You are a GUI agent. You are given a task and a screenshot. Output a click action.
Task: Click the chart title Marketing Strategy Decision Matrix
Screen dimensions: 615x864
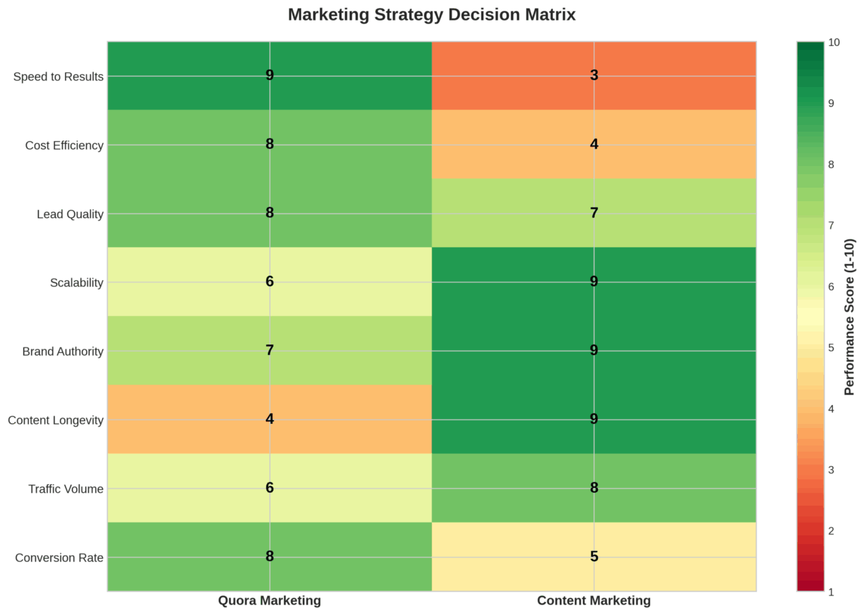point(432,15)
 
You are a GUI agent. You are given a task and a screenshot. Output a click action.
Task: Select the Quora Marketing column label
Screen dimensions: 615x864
point(269,600)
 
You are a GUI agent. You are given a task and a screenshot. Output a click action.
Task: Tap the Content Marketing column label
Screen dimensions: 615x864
point(594,600)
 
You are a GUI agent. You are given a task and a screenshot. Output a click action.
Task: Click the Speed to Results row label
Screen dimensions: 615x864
point(59,76)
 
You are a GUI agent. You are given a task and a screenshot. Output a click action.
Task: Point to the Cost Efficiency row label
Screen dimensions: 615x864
point(64,145)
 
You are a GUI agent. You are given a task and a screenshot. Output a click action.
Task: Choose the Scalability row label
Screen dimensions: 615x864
point(76,283)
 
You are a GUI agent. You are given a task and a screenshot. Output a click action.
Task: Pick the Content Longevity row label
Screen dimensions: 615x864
point(56,421)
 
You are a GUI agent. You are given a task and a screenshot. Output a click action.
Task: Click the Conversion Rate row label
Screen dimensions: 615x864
point(59,558)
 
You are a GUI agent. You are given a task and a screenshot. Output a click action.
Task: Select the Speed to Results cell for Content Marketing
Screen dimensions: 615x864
point(594,76)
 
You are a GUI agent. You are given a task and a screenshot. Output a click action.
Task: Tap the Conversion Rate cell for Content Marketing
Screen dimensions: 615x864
point(594,557)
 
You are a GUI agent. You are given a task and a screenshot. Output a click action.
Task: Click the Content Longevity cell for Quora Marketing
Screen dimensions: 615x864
point(269,419)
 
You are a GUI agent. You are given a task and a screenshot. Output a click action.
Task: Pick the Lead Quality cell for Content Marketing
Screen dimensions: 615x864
point(594,213)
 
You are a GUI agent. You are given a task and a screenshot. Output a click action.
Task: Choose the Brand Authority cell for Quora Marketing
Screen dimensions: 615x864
point(269,350)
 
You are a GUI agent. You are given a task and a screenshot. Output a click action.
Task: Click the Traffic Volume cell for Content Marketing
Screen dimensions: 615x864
point(594,488)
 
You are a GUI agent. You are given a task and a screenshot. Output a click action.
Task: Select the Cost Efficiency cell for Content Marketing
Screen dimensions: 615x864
point(594,144)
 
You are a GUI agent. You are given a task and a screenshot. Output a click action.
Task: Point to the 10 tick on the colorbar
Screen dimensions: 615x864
point(834,43)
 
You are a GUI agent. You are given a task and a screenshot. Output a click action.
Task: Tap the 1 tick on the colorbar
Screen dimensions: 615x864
point(832,592)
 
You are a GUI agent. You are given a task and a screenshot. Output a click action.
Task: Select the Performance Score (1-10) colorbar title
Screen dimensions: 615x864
point(850,317)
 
